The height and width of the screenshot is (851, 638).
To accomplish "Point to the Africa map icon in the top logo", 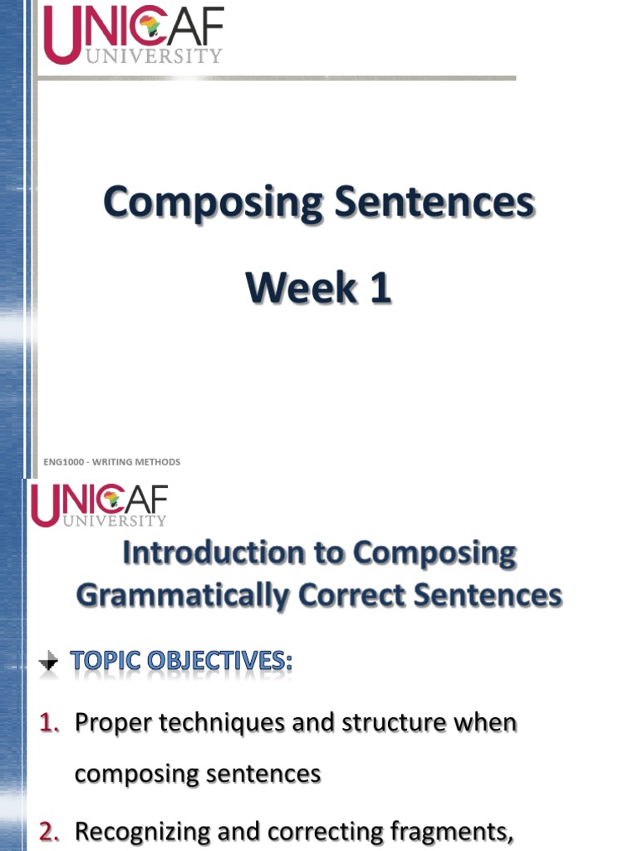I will point(150,27).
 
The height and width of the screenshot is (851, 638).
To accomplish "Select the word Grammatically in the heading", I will point(183,596).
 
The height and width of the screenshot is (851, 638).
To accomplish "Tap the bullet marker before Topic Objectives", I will point(50,662).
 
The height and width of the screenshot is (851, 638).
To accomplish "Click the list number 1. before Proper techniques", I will point(51,723).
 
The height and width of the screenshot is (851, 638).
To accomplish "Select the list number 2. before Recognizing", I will point(51,831).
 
